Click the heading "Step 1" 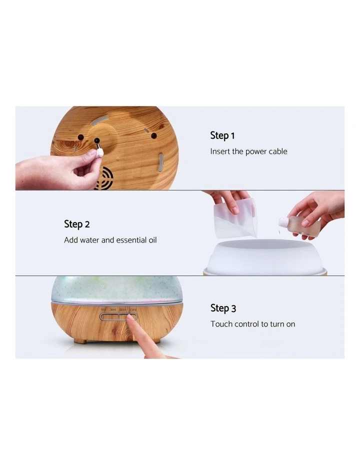coord(222,135)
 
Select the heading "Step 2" coord(76,224)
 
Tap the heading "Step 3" coord(223,308)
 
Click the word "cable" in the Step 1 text coord(277,151)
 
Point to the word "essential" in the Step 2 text coord(131,240)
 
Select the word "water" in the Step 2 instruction coord(90,240)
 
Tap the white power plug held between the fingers coord(100,151)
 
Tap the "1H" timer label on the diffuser coord(103,310)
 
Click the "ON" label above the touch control coord(131,310)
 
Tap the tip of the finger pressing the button coord(131,320)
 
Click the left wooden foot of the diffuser coord(80,340)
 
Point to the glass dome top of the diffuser coord(116,287)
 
